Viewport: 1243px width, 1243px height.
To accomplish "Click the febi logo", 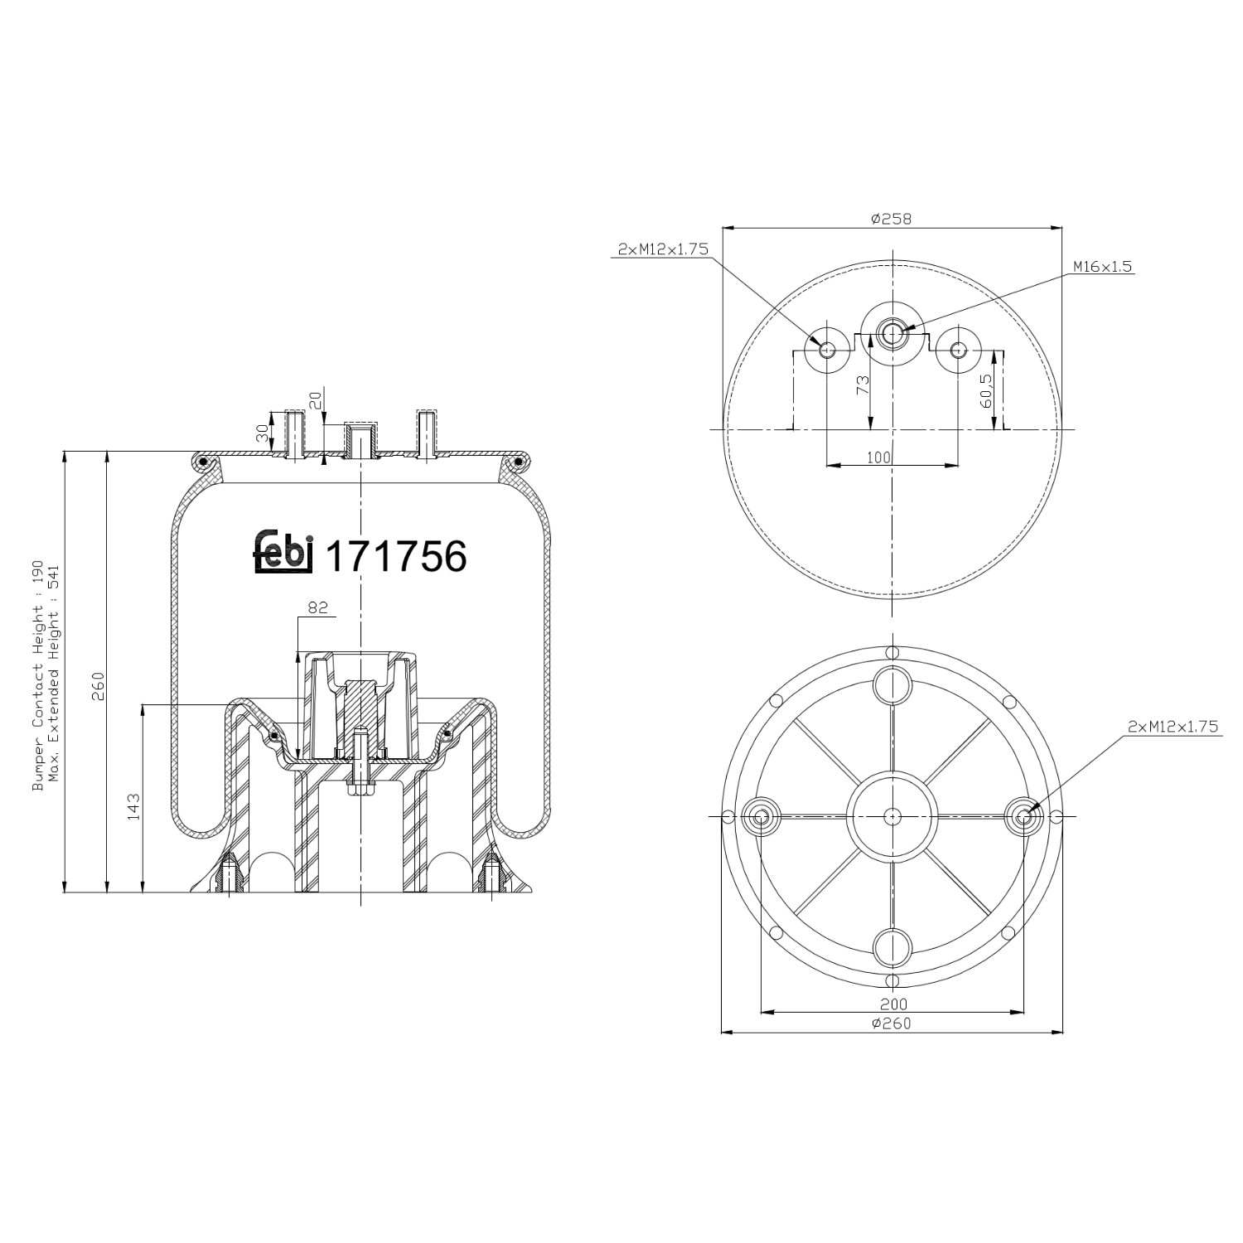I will (x=283, y=553).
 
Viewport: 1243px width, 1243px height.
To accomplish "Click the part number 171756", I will (x=396, y=556).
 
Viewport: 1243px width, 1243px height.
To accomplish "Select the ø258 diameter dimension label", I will (x=891, y=219).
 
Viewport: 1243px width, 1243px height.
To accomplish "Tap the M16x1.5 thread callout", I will (x=1102, y=267).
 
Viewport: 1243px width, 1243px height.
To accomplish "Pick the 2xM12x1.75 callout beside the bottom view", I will (x=1173, y=727).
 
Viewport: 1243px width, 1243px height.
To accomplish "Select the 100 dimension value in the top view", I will (x=878, y=457).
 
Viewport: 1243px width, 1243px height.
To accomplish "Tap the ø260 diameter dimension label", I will (x=891, y=1023).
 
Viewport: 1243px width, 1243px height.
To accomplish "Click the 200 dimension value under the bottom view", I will (x=891, y=1005).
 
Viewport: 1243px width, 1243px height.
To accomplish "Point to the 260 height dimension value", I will (x=98, y=686).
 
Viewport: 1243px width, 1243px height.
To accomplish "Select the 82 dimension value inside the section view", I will (x=317, y=607).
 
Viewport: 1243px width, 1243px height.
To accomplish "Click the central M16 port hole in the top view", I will (x=892, y=334).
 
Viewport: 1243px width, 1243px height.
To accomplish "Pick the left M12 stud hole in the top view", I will (x=826, y=349).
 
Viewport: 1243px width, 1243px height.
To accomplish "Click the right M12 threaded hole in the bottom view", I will (x=1023, y=816).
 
